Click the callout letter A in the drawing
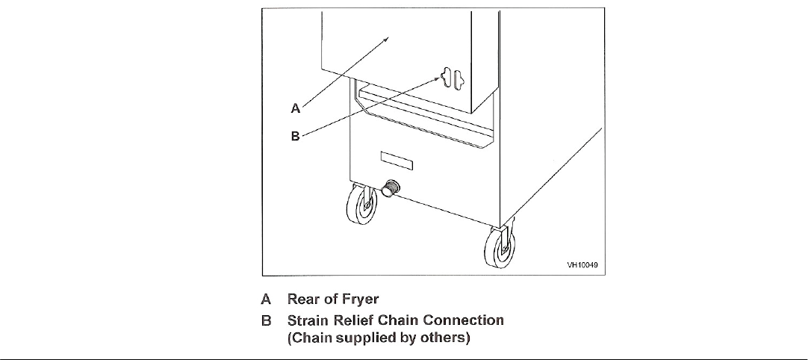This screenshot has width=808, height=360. [x=296, y=108]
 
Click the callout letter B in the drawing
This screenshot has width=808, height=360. [x=295, y=136]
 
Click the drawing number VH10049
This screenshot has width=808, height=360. [x=584, y=264]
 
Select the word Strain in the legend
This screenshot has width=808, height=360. [x=308, y=320]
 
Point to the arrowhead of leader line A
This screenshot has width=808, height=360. [x=391, y=35]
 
